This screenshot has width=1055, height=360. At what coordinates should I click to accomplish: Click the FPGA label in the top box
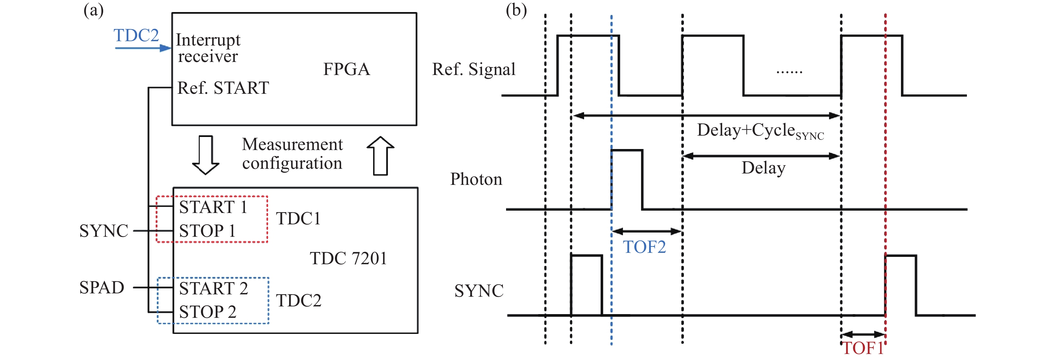347,69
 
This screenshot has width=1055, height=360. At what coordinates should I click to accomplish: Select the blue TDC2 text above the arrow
136,35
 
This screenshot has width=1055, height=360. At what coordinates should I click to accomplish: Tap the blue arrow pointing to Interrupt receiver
143,48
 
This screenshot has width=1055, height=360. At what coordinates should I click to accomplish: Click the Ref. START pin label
223,88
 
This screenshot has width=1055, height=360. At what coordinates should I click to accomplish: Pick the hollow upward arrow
380,156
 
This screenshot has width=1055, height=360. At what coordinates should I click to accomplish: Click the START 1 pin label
213,207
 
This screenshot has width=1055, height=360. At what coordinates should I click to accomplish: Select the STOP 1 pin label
207,231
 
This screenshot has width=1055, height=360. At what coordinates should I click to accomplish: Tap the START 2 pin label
213,288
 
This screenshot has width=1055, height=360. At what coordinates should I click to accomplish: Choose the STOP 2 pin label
208,312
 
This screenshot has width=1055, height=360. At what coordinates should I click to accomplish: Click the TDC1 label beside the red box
298,219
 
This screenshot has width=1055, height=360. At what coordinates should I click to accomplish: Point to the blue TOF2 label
644,247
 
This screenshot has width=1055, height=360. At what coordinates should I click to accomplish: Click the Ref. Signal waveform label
474,69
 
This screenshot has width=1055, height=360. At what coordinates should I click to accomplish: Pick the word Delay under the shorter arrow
763,168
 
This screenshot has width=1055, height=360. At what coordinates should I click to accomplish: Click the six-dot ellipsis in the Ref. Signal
789,72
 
